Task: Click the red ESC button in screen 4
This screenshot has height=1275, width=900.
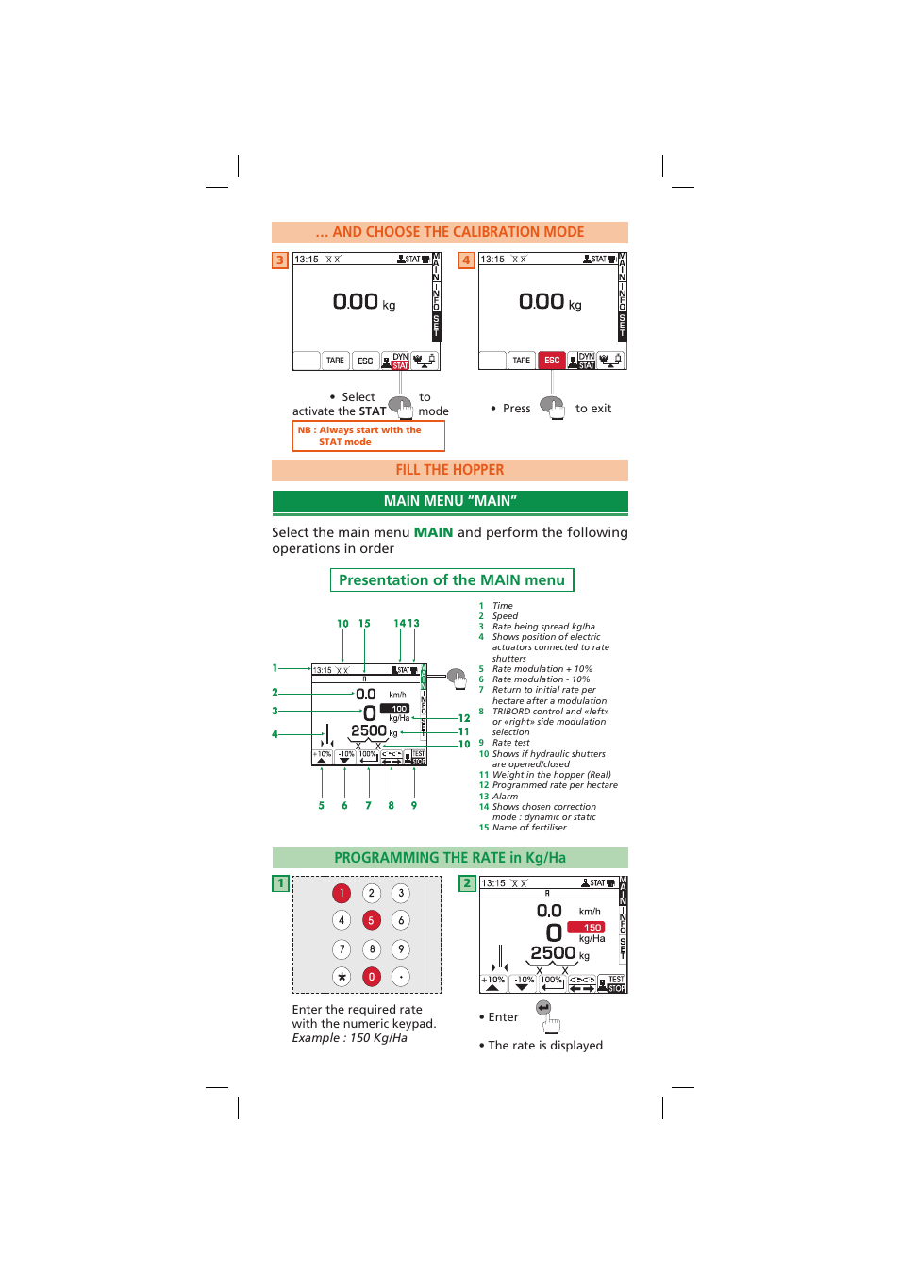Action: click(x=552, y=361)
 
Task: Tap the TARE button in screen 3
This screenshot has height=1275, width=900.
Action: click(x=335, y=361)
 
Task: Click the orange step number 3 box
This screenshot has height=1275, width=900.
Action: click(x=279, y=260)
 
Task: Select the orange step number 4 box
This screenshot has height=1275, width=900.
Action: click(x=466, y=260)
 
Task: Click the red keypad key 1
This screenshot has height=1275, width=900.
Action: click(x=342, y=893)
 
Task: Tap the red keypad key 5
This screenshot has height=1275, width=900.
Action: click(x=372, y=920)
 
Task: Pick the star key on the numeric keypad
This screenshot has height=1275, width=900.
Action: click(x=342, y=977)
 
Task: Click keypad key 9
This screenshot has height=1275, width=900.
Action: click(x=401, y=949)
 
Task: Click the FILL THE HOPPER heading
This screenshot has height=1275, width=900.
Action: click(x=450, y=470)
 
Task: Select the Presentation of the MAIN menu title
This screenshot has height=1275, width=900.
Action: click(x=452, y=580)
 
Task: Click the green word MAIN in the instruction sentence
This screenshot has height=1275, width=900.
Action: click(x=433, y=532)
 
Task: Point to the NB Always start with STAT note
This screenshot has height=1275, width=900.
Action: click(x=368, y=436)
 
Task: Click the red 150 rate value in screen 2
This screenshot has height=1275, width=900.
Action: click(x=592, y=928)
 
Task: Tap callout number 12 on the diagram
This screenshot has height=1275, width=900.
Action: click(x=464, y=718)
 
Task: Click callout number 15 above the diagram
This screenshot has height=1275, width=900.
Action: click(x=364, y=624)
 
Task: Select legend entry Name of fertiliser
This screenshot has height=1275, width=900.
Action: click(x=529, y=828)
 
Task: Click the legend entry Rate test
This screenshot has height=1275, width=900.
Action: click(x=510, y=743)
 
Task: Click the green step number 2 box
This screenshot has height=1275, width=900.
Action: click(x=466, y=883)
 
